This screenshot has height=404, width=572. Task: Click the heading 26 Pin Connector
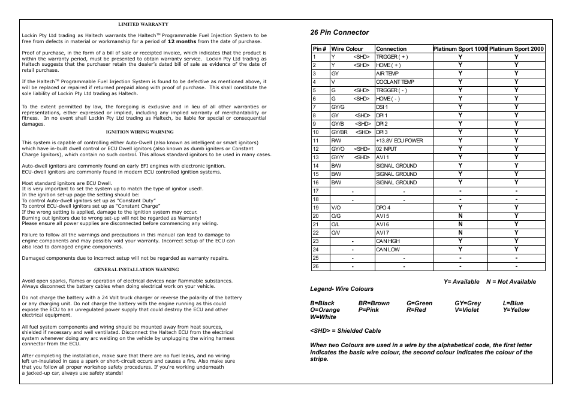pos(339,32)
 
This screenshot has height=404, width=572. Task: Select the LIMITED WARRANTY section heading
pos(143,24)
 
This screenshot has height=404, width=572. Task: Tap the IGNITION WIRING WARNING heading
pos(140,132)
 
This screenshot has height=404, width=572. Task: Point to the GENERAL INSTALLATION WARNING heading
pos(136,269)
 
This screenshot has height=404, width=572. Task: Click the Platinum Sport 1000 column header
pos(460,49)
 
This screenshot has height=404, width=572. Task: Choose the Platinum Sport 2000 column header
pos(516,49)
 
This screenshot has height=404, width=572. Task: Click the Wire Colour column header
pos(347,49)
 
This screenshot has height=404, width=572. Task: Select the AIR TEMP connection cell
pos(387,74)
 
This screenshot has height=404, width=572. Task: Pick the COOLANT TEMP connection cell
pos(395,82)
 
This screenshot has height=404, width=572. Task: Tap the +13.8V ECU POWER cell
pos(399,141)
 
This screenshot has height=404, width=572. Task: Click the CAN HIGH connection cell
pos(388,241)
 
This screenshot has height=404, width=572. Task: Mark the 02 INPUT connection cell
pos(386,149)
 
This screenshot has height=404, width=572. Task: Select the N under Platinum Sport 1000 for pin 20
pos(460,216)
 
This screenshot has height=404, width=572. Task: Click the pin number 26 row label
pos(315,266)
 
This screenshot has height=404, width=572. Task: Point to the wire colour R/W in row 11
pos(336,141)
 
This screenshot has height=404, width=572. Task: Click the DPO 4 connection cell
pos(383,208)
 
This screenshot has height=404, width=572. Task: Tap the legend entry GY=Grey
pos(468,303)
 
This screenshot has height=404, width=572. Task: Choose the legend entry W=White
pos(323,317)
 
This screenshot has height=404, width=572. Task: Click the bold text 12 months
pos(182,42)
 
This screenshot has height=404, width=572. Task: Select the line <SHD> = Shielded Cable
pos(337,330)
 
